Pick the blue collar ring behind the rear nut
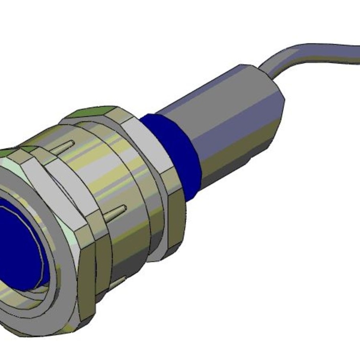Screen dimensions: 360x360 [x=177, y=154]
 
